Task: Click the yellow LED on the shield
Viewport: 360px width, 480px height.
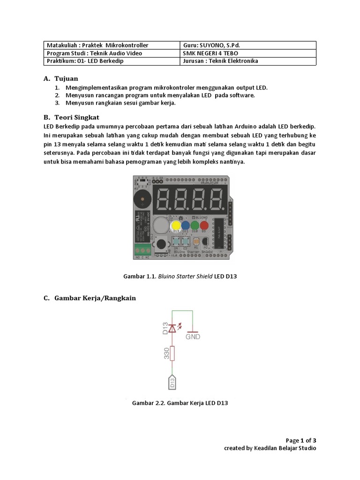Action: pyautogui.click(x=176, y=226)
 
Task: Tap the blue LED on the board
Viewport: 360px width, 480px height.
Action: pyautogui.click(x=185, y=226)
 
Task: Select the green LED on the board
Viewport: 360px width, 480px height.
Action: pyautogui.click(x=195, y=226)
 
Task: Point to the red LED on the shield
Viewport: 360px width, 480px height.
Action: pyautogui.click(x=204, y=226)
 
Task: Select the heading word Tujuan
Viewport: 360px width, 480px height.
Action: pyautogui.click(x=66, y=78)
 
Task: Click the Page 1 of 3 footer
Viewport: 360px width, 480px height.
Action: pyautogui.click(x=301, y=440)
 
